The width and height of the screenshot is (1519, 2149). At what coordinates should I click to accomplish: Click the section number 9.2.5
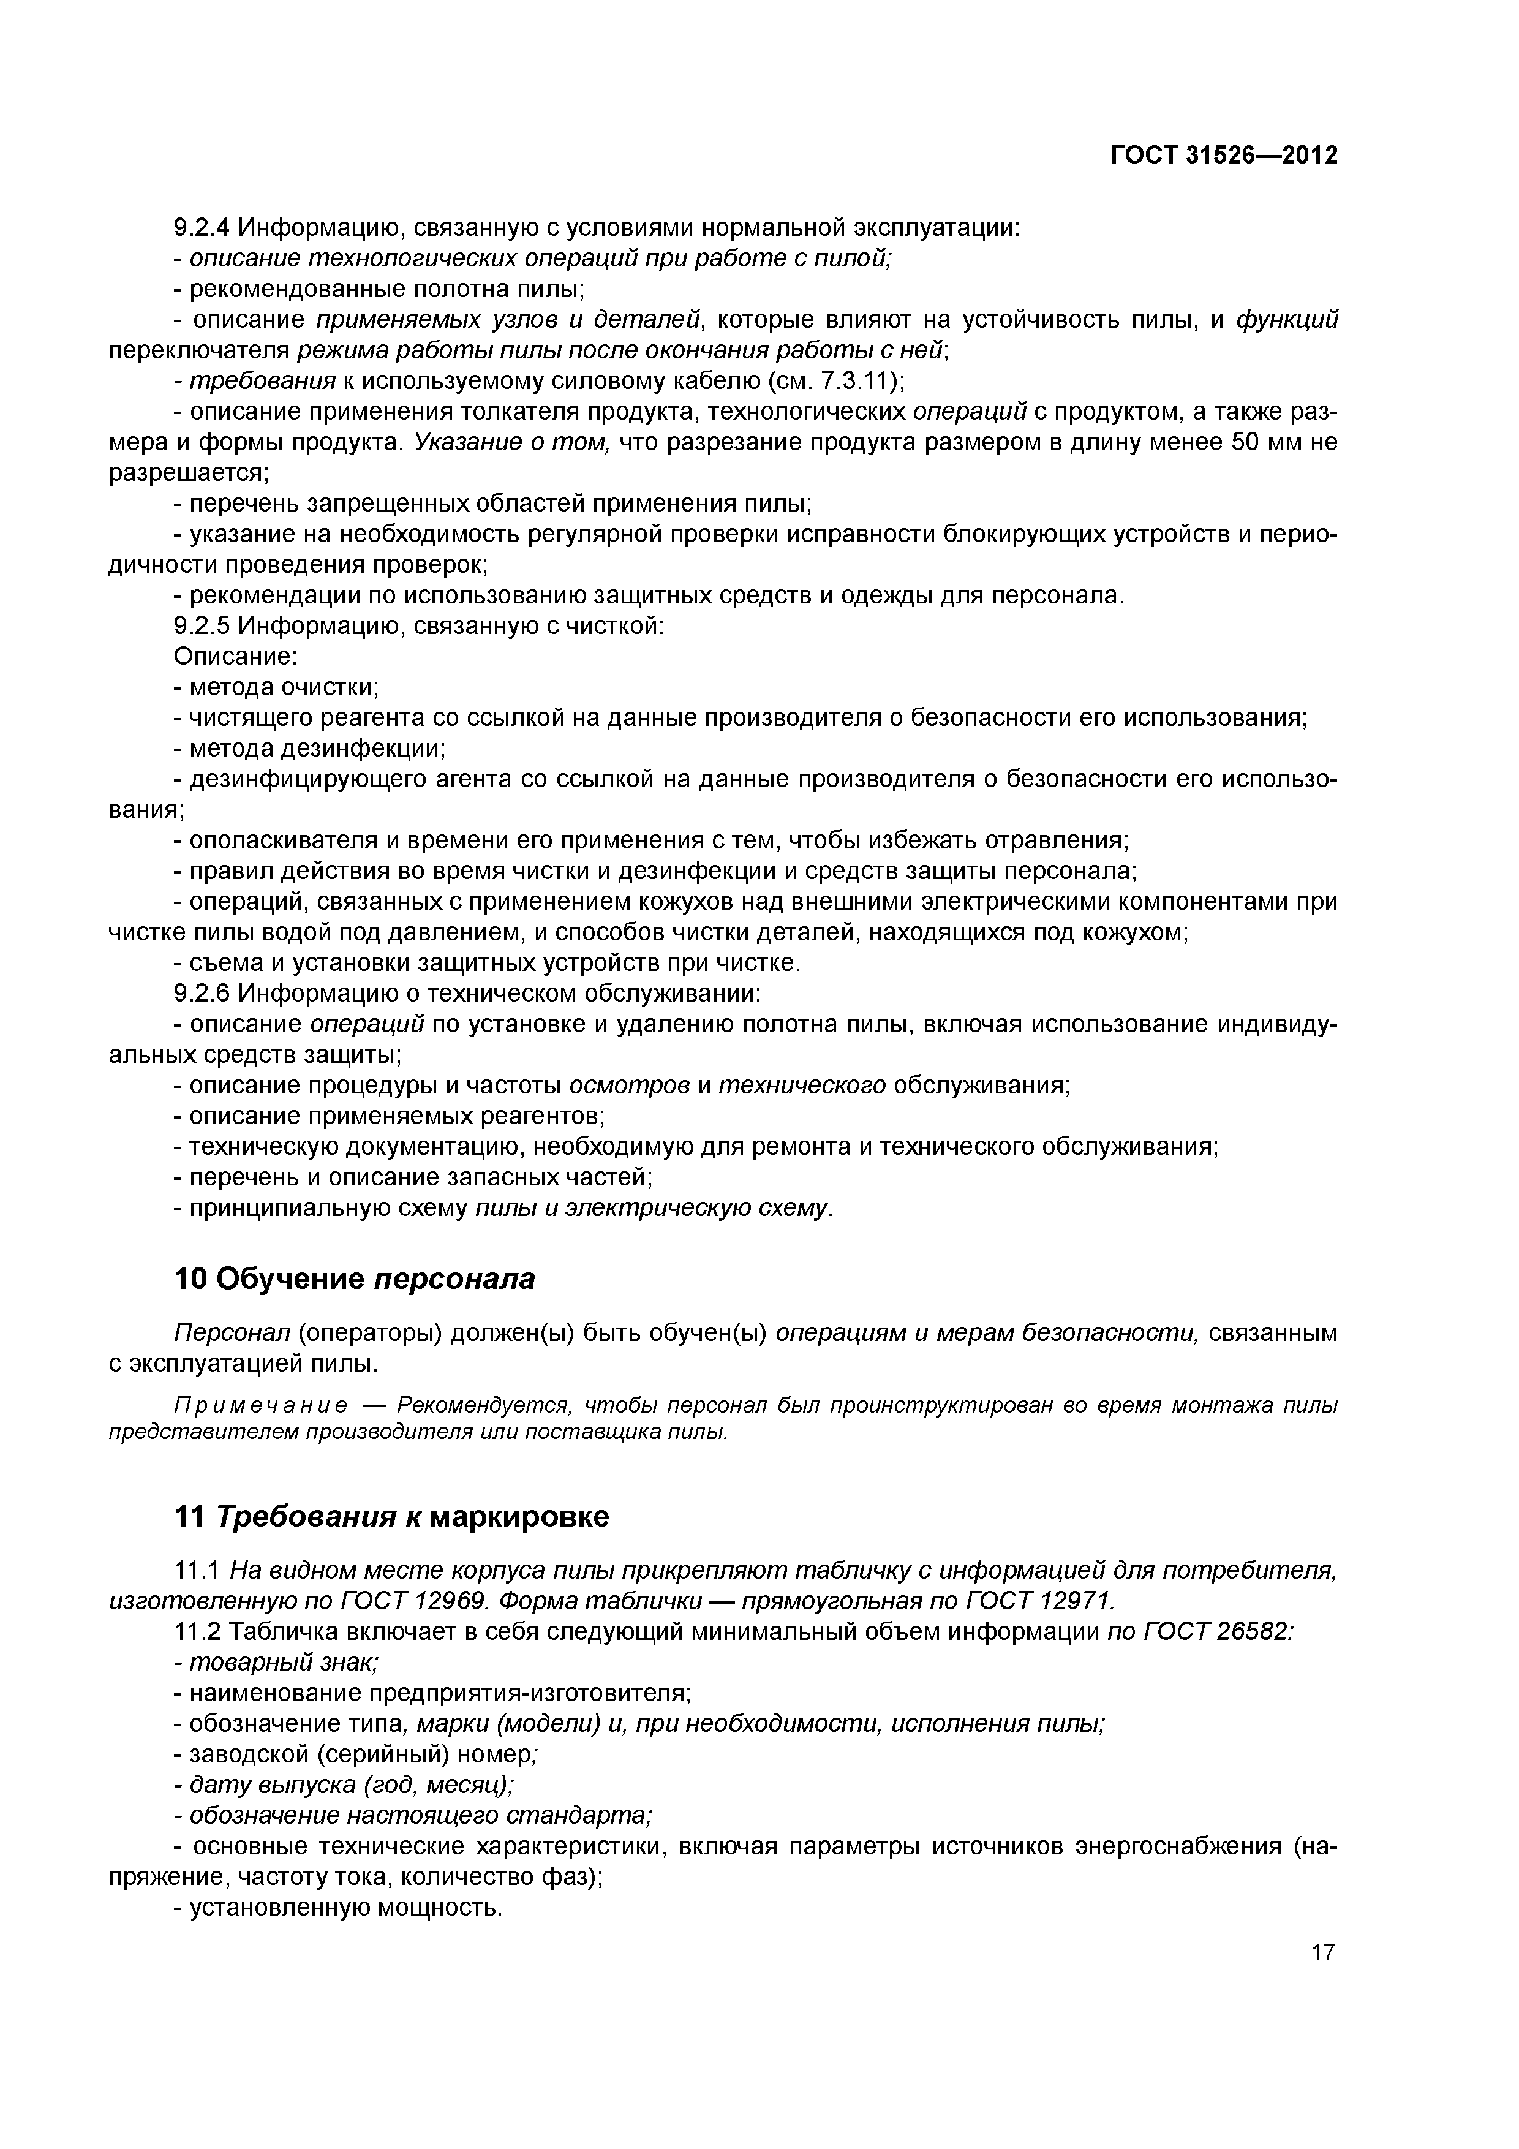(202, 626)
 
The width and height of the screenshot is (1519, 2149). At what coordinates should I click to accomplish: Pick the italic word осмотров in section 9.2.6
(630, 1086)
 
